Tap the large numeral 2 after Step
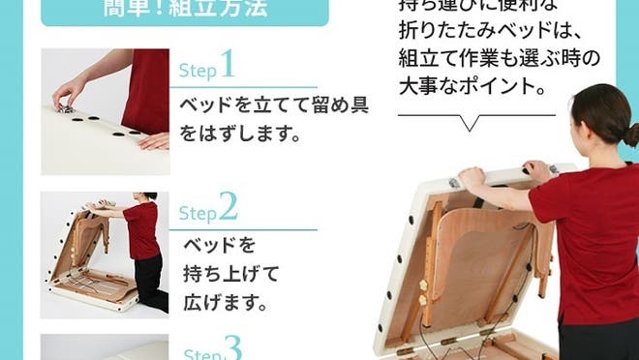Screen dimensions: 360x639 coord(228,208)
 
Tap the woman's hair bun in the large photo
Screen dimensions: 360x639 coord(631,135)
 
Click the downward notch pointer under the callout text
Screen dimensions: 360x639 coord(472,124)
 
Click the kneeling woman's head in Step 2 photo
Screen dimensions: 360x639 coord(148,196)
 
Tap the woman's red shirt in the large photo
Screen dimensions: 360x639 coord(591,242)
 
